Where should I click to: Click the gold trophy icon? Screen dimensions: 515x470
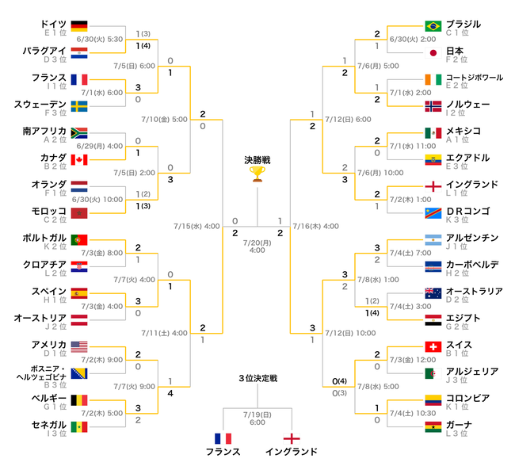(x=257, y=174)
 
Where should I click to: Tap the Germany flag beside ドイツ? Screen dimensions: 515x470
(x=79, y=26)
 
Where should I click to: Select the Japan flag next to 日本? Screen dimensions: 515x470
(x=433, y=52)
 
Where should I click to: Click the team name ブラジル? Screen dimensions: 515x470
(x=463, y=24)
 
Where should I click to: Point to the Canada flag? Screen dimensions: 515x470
(x=79, y=160)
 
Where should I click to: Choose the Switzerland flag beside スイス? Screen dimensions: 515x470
(x=433, y=346)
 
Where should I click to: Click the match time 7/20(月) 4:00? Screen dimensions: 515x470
(x=257, y=246)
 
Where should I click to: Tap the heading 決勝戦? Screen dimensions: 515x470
(x=257, y=160)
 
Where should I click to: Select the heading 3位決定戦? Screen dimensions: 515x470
(x=257, y=378)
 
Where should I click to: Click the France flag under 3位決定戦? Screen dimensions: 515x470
(x=223, y=438)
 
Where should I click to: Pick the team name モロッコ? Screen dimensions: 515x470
(x=49, y=211)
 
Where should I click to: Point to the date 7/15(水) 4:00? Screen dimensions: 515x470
(x=196, y=226)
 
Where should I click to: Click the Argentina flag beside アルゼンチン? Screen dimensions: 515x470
(x=433, y=240)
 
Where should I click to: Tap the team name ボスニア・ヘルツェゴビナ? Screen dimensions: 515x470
(x=41, y=373)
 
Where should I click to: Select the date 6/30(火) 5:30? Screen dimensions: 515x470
(x=100, y=39)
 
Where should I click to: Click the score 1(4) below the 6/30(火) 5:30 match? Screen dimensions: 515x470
(x=143, y=46)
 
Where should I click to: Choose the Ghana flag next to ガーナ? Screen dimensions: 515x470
(x=433, y=426)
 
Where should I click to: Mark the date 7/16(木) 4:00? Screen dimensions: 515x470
(x=315, y=226)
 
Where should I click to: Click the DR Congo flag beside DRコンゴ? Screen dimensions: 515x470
(x=433, y=213)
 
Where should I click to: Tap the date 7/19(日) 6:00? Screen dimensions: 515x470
(x=257, y=418)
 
